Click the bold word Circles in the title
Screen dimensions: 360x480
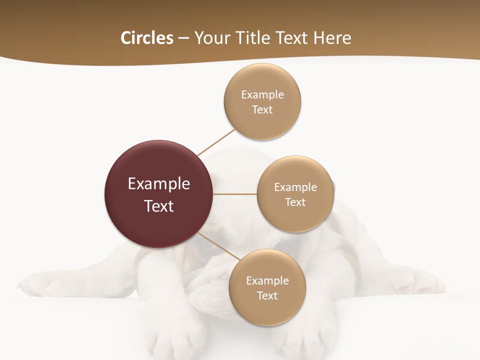point(146,38)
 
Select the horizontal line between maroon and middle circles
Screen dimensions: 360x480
point(235,194)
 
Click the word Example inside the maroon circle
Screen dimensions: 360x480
point(158,184)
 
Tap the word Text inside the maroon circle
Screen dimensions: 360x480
point(158,206)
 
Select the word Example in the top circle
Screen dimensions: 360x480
point(262,94)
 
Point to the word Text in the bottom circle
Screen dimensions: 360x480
point(267,295)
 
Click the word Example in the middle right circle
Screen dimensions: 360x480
point(295,187)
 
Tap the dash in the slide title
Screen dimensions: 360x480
point(183,38)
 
